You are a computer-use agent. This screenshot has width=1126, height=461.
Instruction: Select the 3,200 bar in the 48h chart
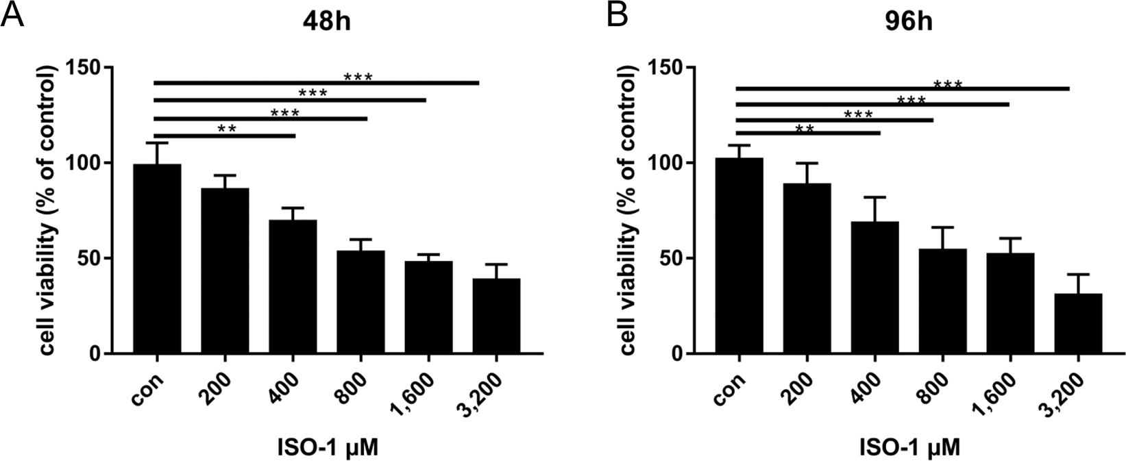pos(496,316)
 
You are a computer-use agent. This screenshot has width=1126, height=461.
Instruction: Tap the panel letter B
pos(617,15)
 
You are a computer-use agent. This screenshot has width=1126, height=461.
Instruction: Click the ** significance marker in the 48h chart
pos(226,128)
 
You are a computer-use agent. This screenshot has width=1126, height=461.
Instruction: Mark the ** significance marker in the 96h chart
pos(805,128)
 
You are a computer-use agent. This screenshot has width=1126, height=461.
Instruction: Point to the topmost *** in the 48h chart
pos(358,76)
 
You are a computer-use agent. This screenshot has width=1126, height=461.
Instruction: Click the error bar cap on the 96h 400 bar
pos(874,197)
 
